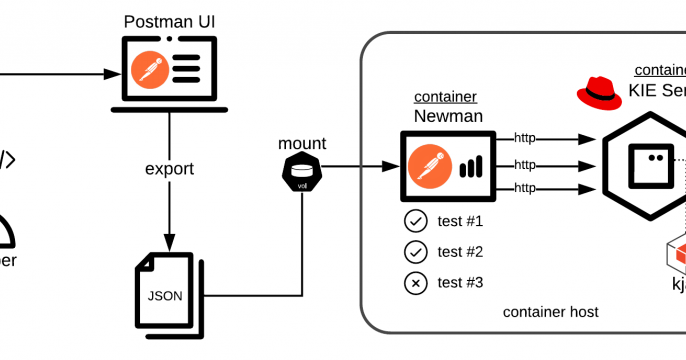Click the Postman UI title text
(x=168, y=21)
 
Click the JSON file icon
(x=167, y=285)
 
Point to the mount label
(x=301, y=144)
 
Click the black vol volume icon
(x=301, y=176)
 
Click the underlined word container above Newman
(x=445, y=97)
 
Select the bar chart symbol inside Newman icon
(x=471, y=166)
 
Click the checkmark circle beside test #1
(x=414, y=221)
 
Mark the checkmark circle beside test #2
(x=414, y=252)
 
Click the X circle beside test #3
(x=414, y=283)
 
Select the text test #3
(x=460, y=283)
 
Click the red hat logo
(x=599, y=93)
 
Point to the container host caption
(x=550, y=312)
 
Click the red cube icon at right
(x=676, y=254)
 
